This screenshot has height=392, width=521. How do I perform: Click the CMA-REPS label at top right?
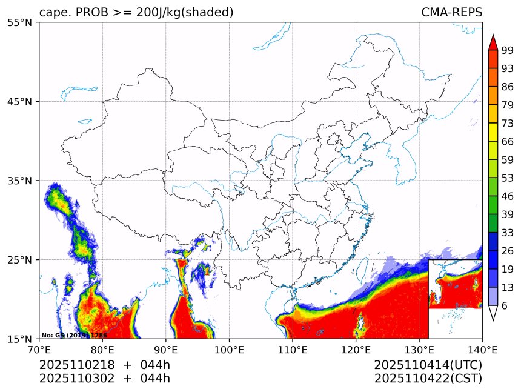click(451, 13)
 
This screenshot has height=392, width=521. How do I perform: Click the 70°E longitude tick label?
click(39, 350)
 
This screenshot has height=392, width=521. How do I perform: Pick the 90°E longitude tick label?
click(166, 350)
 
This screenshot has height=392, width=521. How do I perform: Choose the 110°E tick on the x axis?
click(292, 350)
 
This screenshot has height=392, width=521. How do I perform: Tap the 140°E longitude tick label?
click(482, 350)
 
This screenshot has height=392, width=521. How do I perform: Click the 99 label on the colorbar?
click(508, 51)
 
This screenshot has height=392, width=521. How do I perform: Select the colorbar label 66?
click(508, 142)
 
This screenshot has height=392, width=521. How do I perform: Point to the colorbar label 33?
click(508, 233)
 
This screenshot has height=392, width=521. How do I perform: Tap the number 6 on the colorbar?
click(505, 306)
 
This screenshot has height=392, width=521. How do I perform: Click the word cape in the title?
click(51, 13)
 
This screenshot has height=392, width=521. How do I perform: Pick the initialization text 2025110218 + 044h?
click(105, 365)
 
